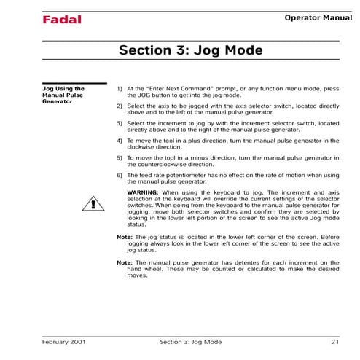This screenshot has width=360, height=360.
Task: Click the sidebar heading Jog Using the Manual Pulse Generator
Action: coord(65,95)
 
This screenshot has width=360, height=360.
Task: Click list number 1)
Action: coord(120,89)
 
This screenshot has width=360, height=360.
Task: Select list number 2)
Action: coord(120,106)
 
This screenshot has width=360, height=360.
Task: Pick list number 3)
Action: coord(120,124)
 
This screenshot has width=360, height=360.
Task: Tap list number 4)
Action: coord(120,141)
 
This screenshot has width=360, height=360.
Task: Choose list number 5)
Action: coord(120,158)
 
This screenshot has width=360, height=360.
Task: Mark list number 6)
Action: coord(120,176)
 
